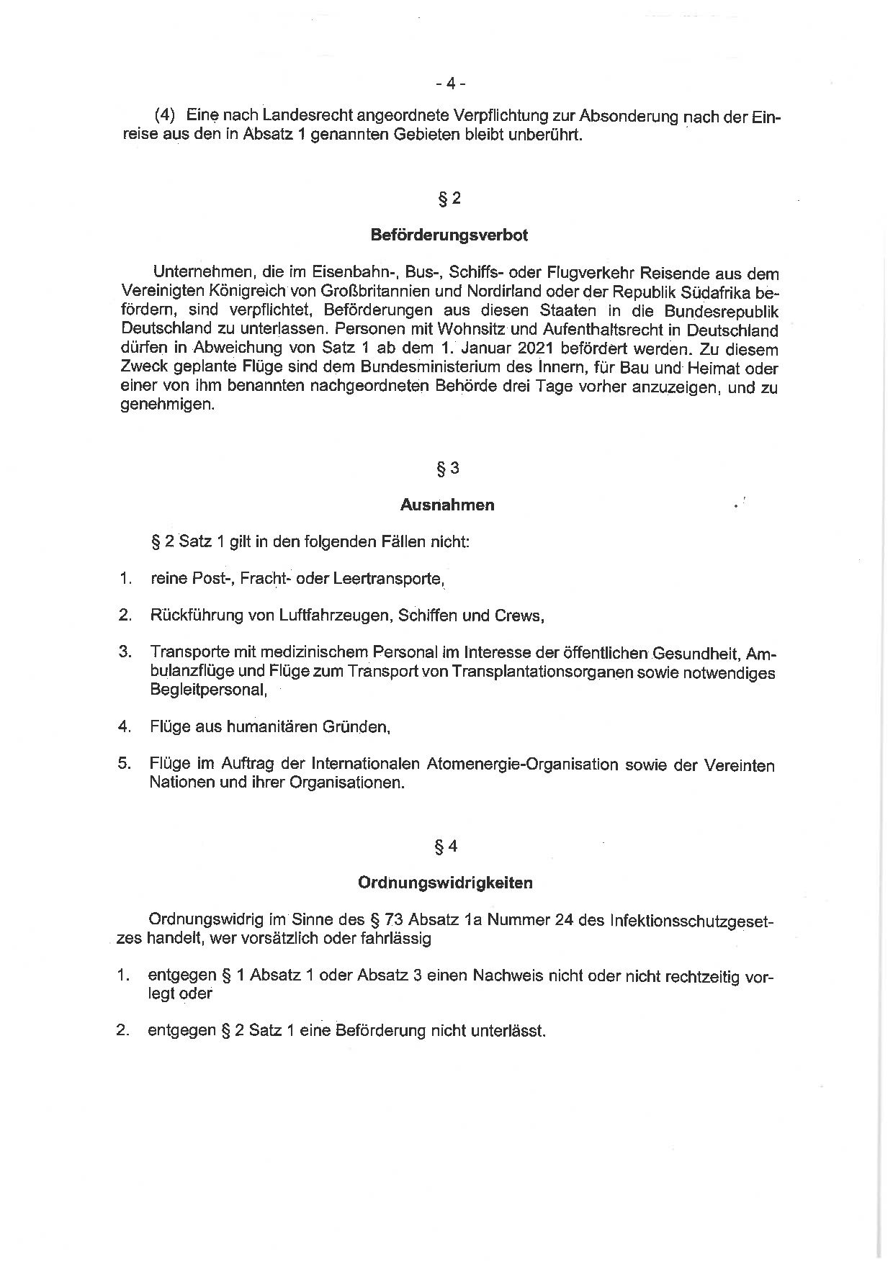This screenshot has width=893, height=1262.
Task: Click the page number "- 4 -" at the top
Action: [x=450, y=84]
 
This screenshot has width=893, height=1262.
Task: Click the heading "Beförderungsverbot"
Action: [x=449, y=235]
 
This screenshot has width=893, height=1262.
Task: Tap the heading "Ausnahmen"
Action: [x=447, y=505]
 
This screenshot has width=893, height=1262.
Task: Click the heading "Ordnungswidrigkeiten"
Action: [x=445, y=883]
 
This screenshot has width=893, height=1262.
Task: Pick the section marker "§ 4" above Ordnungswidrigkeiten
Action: [x=447, y=847]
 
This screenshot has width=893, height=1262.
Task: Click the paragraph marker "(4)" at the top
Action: [x=166, y=116]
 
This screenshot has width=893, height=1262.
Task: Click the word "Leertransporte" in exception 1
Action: [x=388, y=579]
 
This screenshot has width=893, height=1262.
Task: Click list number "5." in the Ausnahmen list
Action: [x=125, y=764]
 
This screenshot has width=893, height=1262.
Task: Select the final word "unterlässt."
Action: [x=508, y=1031]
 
